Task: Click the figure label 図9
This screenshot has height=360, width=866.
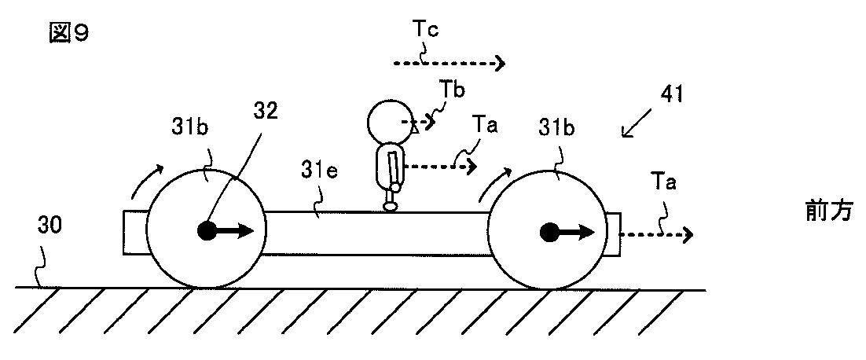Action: point(67,34)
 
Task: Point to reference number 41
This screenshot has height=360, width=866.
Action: point(672,94)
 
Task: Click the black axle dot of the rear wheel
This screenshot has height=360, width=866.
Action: point(206,230)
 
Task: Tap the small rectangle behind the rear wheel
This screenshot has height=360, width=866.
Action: point(134,233)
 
